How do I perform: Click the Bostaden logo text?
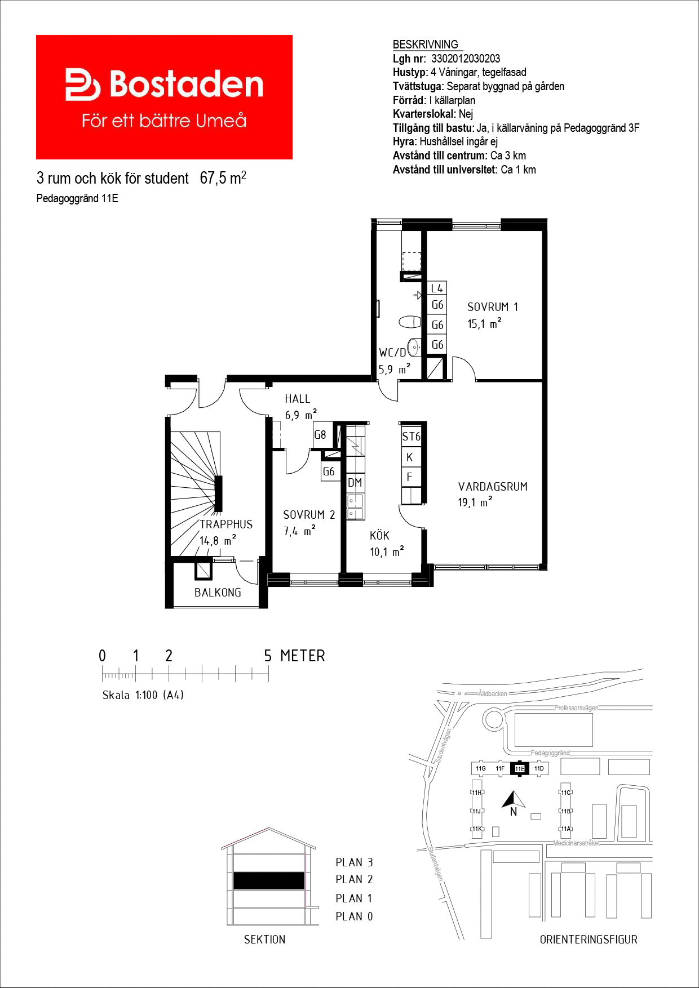pyautogui.click(x=187, y=84)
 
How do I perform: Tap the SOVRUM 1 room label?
pyautogui.click(x=493, y=307)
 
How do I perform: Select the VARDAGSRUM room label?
pyautogui.click(x=493, y=487)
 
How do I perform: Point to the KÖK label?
pyautogui.click(x=379, y=535)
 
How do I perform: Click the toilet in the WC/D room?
pyautogui.click(x=410, y=322)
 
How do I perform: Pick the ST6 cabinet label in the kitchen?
pyautogui.click(x=411, y=437)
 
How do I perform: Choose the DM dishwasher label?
pyautogui.click(x=355, y=483)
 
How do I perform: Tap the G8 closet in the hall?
pyautogui.click(x=320, y=435)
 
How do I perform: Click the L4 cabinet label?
pyautogui.click(x=437, y=288)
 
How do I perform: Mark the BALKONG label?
pyautogui.click(x=218, y=593)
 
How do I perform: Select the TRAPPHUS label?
pyautogui.click(x=226, y=524)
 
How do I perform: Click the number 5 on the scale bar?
pyautogui.click(x=268, y=656)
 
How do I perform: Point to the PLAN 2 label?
pyautogui.click(x=354, y=879)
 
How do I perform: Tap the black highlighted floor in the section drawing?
pyautogui.click(x=269, y=880)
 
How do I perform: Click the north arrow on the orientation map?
pyautogui.click(x=514, y=799)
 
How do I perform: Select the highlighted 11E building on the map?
pyautogui.click(x=520, y=768)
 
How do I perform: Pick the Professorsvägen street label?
pyautogui.click(x=576, y=708)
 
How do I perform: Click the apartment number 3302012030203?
pyautogui.click(x=466, y=59)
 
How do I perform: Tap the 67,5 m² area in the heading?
pyautogui.click(x=223, y=178)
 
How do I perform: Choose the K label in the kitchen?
pyautogui.click(x=410, y=457)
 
